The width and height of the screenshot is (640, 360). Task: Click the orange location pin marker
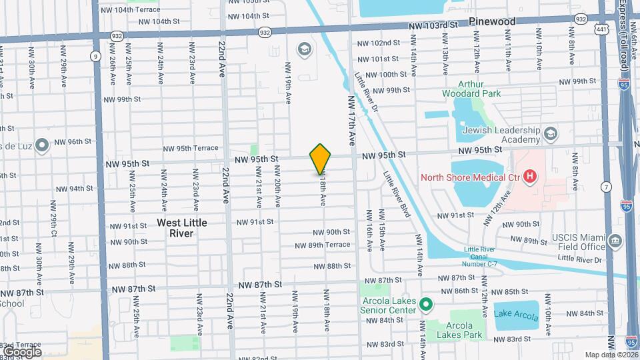point(321,159)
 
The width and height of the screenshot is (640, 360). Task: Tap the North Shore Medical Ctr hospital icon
point(530,177)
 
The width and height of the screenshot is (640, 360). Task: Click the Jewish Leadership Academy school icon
point(551,133)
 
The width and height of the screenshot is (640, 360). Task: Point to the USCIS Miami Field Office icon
point(615,240)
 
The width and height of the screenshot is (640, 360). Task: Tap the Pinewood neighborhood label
point(492,21)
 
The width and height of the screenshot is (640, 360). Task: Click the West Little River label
point(182,228)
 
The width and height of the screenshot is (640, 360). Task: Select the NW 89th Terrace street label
point(323,245)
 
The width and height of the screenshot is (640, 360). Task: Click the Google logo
point(22,351)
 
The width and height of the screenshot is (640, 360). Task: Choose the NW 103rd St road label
point(435,25)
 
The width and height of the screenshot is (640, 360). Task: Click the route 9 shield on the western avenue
point(97,56)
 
